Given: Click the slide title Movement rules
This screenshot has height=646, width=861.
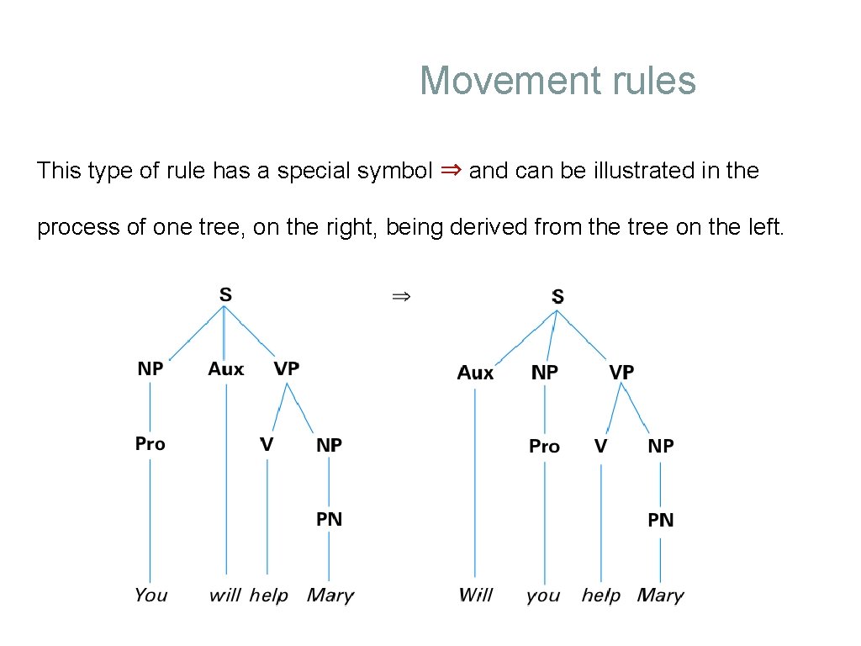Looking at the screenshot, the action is [x=557, y=81].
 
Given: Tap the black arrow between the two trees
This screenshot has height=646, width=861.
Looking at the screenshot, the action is [x=400, y=296].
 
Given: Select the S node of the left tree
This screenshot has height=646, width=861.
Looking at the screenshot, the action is [x=225, y=295].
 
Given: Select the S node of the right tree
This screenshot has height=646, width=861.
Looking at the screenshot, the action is [x=557, y=297].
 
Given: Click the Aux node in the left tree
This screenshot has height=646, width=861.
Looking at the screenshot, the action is [x=226, y=369].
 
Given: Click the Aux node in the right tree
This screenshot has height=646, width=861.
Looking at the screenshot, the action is [x=475, y=373].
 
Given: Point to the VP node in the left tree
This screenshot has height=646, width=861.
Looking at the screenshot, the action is [x=286, y=369].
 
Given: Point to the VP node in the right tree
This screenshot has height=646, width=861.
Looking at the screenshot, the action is [x=621, y=372].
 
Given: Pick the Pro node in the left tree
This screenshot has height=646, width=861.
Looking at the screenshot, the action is [x=150, y=443].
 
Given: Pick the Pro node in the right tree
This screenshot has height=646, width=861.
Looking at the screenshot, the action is [x=544, y=447].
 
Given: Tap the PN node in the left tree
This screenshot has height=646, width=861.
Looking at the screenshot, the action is [x=329, y=519].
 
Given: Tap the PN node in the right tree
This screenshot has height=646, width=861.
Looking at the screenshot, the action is [x=660, y=521].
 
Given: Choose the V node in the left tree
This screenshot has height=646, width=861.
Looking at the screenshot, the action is [x=267, y=444].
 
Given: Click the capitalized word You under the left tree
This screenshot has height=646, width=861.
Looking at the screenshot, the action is [x=151, y=596].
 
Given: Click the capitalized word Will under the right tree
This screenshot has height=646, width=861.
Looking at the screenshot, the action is [x=475, y=596].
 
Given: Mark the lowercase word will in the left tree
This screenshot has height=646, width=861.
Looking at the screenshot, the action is [x=224, y=596].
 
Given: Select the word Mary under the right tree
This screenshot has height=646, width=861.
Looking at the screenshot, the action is [x=660, y=596].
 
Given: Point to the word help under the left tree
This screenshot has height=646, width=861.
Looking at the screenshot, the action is [x=268, y=596].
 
